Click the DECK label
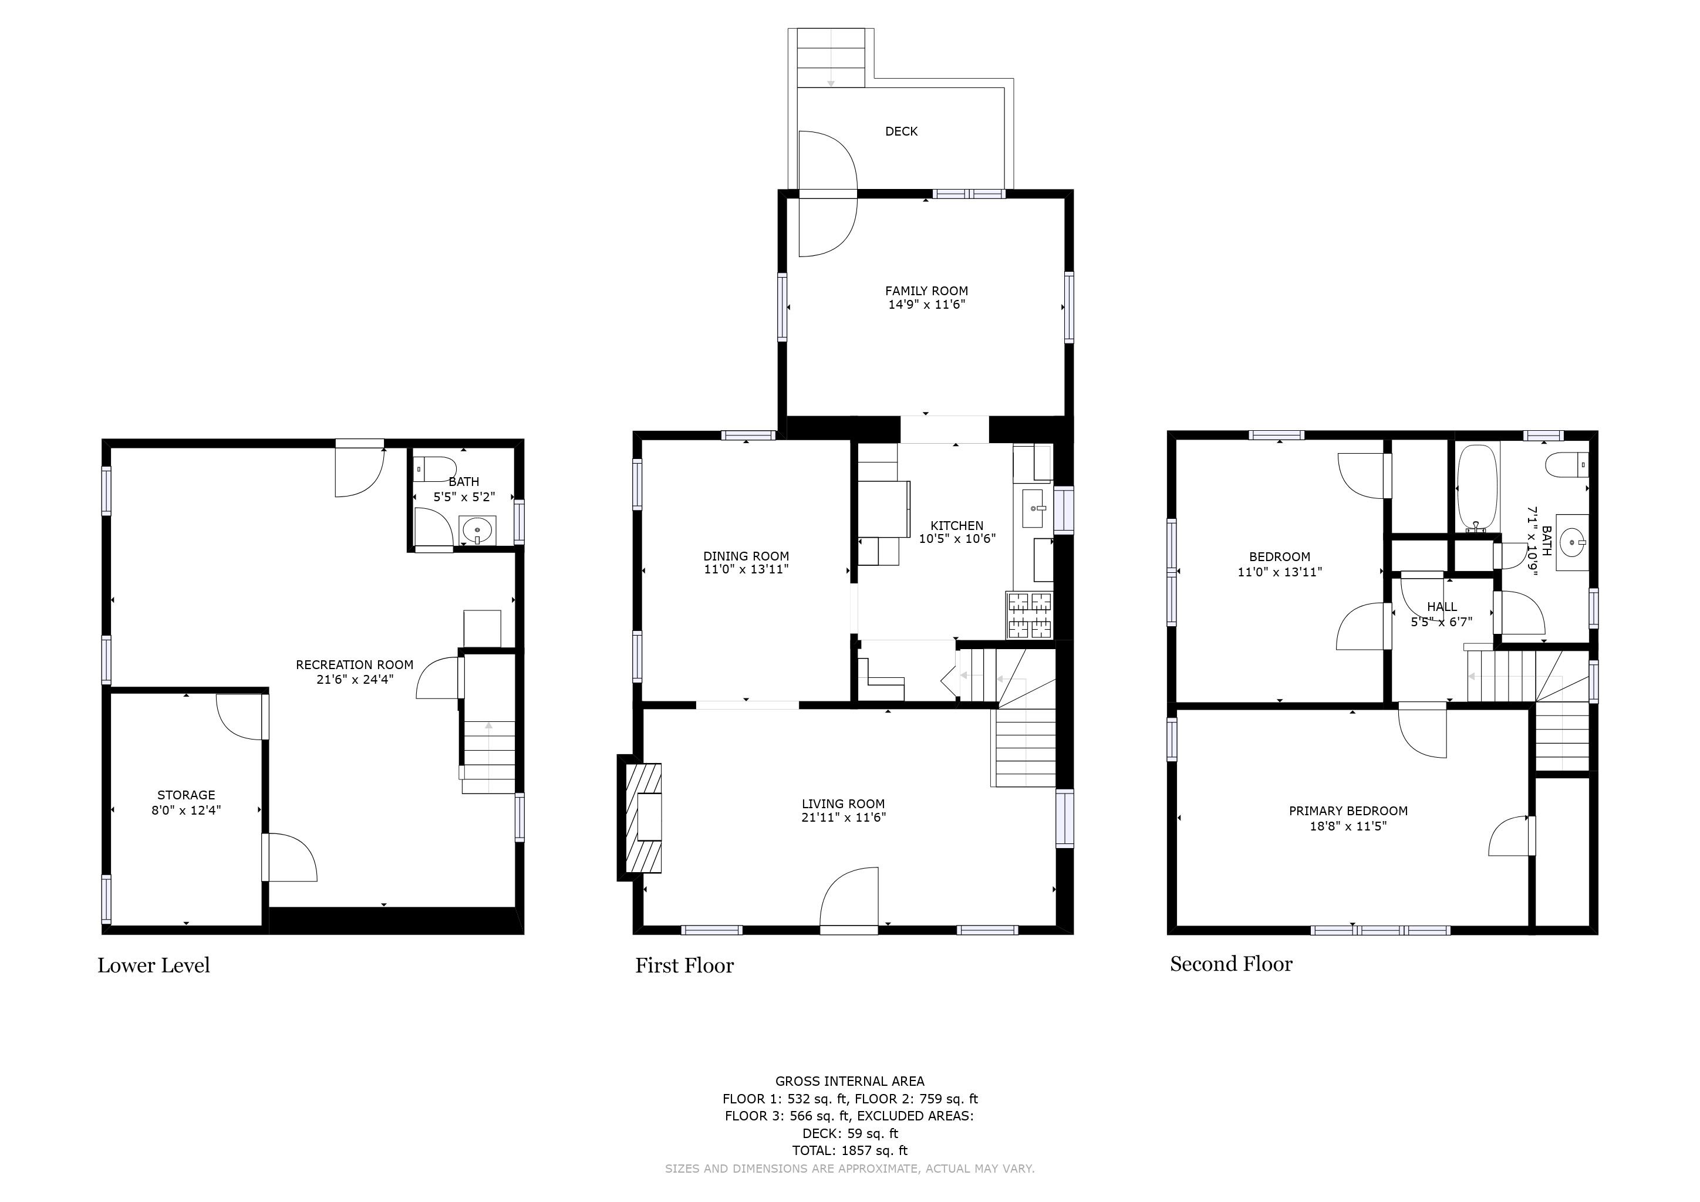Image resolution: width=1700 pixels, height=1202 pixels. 901,131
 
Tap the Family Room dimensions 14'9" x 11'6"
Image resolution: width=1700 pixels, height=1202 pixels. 926,304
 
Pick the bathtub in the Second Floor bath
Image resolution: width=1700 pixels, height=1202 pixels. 1477,488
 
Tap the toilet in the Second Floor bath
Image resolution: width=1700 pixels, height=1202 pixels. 1567,465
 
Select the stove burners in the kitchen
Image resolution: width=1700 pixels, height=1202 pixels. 1029,615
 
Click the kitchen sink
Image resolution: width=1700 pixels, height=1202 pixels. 1034,508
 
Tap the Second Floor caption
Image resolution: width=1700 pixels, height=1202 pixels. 1232,964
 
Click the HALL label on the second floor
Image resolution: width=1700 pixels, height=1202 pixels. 1442,607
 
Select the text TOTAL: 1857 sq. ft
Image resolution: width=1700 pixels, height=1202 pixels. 850,1150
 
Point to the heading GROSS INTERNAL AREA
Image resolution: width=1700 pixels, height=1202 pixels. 850,1081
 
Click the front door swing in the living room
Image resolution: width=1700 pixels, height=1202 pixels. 849,897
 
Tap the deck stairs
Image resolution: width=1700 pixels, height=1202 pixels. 831,58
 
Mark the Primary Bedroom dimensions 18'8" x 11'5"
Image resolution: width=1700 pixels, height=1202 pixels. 1348,825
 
